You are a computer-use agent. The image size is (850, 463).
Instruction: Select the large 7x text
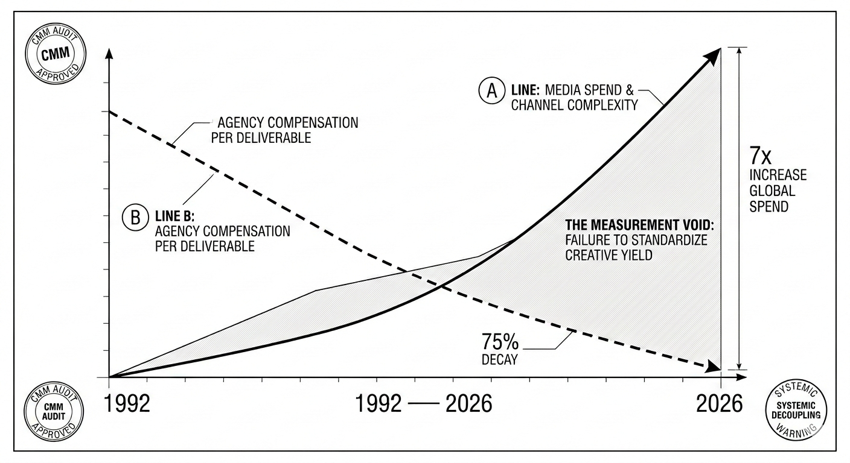pos(759,157)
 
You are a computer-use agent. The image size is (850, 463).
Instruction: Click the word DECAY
pos(499,361)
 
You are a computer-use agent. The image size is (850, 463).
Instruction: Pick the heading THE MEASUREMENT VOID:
pos(639,225)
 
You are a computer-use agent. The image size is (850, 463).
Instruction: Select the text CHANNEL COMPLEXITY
pos(575,106)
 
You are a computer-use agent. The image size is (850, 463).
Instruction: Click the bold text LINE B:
pos(173,216)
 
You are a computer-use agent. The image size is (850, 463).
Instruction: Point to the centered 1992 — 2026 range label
pos(424,403)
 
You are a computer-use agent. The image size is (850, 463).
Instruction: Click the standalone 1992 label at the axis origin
pos(127,403)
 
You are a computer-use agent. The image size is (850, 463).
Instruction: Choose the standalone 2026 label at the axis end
pos(719,403)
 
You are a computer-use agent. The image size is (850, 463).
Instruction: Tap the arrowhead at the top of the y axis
pos(109,51)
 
